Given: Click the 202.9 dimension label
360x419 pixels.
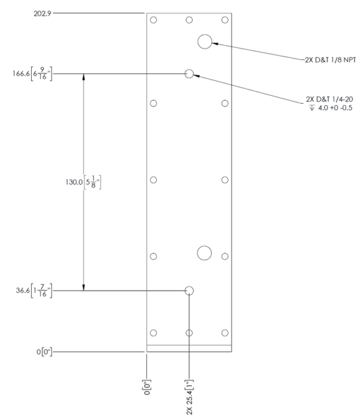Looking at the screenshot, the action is [42, 14].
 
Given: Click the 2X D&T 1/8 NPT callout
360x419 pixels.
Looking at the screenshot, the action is [331, 60].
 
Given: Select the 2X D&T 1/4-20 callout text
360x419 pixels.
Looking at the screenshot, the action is [329, 100].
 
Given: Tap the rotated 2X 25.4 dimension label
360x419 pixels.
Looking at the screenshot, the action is [189, 397].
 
